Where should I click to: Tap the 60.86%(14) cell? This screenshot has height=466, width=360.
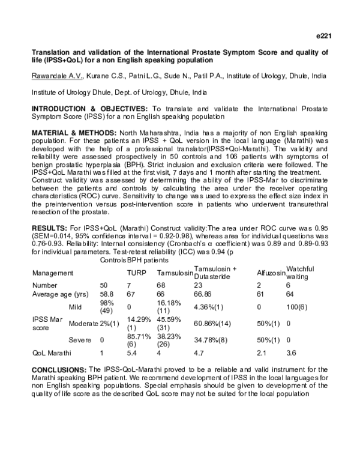(215, 323)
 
